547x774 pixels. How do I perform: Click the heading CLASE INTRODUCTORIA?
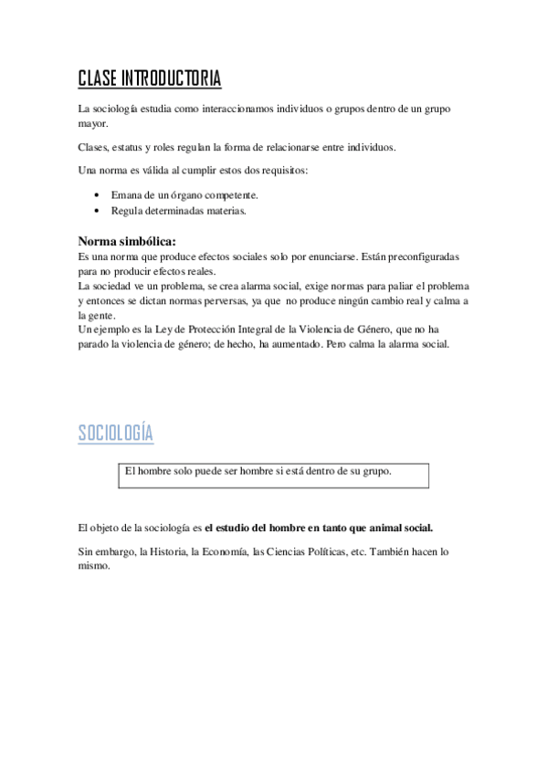point(149,79)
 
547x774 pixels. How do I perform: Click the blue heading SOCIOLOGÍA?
point(115,433)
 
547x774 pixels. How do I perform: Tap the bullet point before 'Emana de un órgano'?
point(98,195)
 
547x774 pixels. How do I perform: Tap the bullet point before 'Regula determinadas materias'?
point(98,210)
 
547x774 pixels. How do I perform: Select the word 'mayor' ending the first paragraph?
point(93,124)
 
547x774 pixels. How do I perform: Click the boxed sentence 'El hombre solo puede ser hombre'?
point(258,471)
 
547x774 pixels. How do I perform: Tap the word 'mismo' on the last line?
point(94,566)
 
